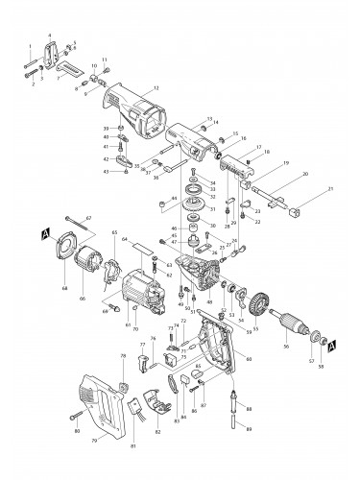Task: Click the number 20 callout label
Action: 305,174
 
